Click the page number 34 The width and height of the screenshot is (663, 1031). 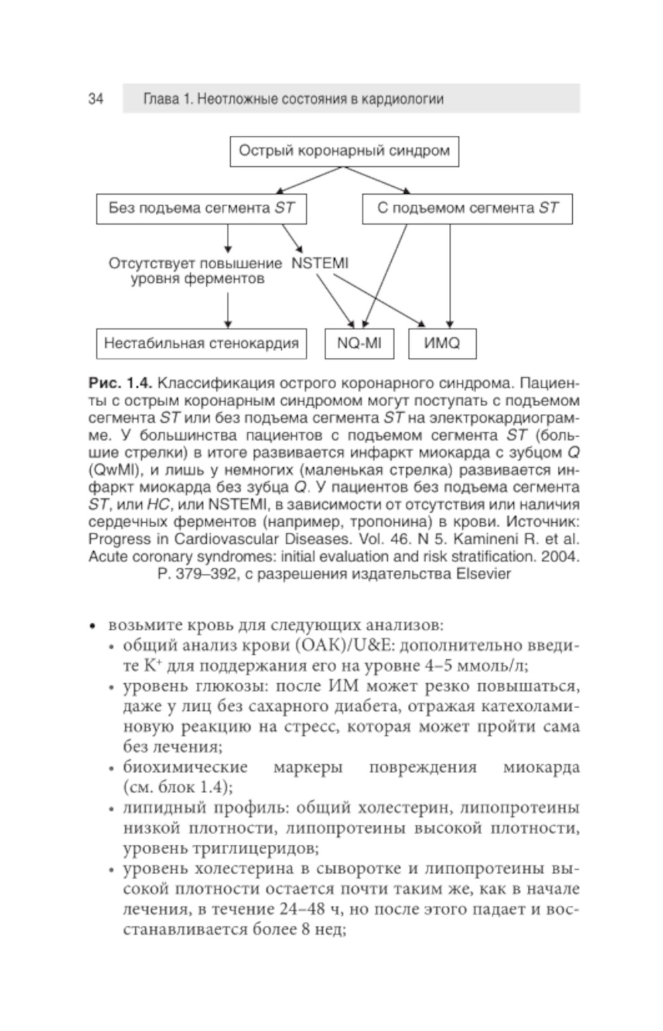click(95, 99)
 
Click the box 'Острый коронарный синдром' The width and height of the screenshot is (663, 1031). click(344, 151)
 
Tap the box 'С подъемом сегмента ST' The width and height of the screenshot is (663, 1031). click(467, 209)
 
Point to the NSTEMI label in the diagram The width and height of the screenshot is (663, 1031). click(320, 263)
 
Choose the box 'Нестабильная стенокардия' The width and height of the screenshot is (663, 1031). click(202, 343)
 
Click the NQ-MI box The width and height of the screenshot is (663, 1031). click(359, 343)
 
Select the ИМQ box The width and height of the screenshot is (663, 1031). click(442, 343)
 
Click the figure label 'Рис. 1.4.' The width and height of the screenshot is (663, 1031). click(121, 384)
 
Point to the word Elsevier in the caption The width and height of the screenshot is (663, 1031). click(484, 574)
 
